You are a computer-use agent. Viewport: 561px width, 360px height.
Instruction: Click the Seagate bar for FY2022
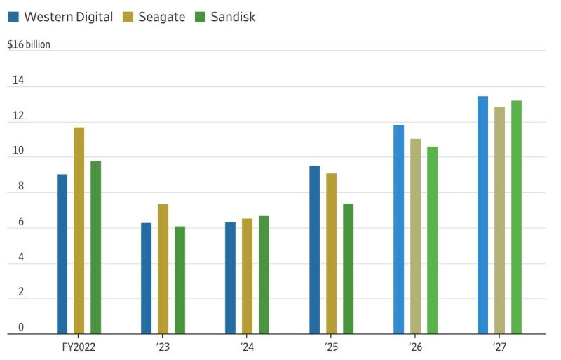[x=79, y=231]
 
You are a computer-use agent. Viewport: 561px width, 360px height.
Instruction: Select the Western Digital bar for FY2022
[x=62, y=254]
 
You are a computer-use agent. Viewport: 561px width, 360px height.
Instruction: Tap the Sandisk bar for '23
[x=180, y=280]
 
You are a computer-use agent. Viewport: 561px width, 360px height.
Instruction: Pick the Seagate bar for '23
[x=163, y=269]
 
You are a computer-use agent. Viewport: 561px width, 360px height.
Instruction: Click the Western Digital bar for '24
[x=231, y=278]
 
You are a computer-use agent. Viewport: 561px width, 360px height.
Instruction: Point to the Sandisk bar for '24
[x=264, y=275]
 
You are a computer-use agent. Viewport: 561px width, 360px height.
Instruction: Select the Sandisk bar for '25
[x=348, y=269]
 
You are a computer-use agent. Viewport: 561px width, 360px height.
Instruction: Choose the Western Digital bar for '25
[x=315, y=250]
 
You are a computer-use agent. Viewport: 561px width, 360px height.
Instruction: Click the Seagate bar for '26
[x=416, y=236]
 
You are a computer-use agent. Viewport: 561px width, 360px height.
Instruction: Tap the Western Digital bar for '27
[x=483, y=215]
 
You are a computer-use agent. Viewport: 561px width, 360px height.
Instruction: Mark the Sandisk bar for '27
[x=517, y=217]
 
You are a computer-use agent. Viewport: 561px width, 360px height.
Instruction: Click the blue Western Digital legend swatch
[x=13, y=17]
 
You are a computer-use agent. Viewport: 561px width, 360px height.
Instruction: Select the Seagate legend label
[x=162, y=17]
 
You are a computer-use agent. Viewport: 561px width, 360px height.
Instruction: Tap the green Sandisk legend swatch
[x=201, y=17]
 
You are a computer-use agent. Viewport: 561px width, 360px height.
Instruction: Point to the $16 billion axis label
[x=29, y=44]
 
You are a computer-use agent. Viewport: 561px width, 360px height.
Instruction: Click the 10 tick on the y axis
[x=18, y=150]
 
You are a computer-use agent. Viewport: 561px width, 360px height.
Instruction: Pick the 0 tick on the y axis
[x=21, y=327]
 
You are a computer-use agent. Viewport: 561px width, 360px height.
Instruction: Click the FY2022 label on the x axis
[x=79, y=347]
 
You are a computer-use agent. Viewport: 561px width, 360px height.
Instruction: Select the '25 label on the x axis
[x=331, y=347]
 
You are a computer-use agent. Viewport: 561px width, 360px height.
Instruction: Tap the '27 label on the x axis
[x=499, y=347]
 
